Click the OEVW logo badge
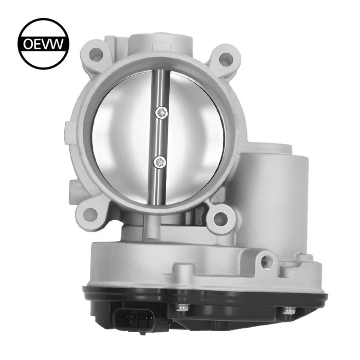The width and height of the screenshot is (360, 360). tap(43, 43)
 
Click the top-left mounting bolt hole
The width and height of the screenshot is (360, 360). tap(96, 53)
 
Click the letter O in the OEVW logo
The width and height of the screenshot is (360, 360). tap(29, 44)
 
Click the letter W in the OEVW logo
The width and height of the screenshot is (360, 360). tap(58, 44)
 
